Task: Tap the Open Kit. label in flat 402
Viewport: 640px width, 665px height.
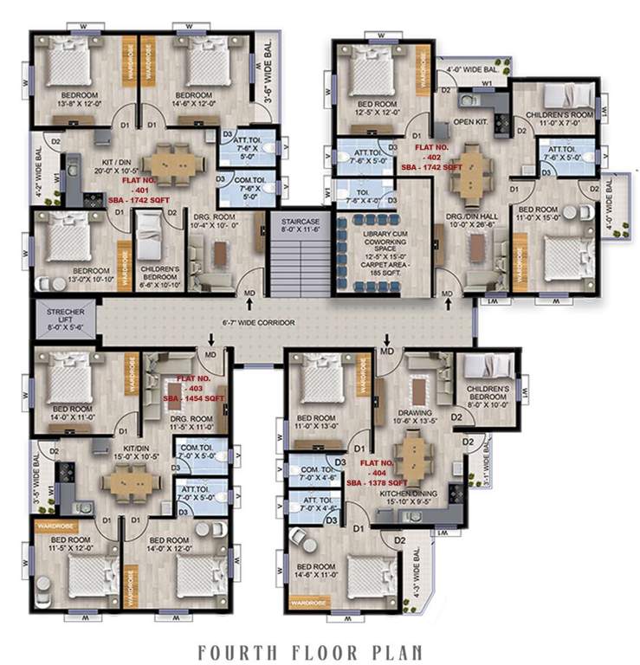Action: pyautogui.click(x=471, y=121)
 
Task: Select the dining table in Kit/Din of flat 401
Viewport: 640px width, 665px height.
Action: pyautogui.click(x=172, y=162)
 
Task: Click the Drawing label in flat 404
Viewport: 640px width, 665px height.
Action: pyautogui.click(x=413, y=416)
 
